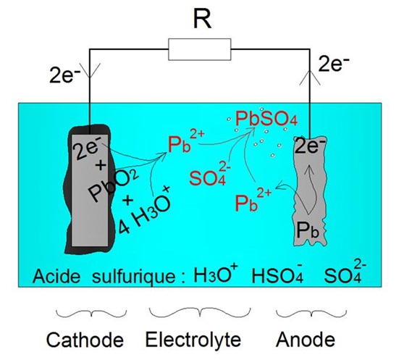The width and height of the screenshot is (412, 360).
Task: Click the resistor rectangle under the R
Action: [199, 50]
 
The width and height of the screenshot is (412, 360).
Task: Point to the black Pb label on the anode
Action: [311, 231]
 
